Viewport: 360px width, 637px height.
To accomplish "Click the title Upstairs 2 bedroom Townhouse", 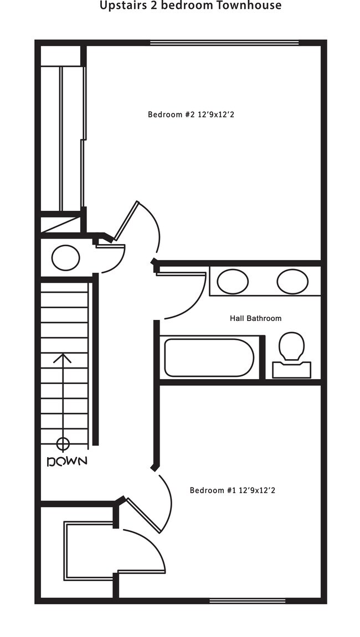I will pyautogui.click(x=191, y=6).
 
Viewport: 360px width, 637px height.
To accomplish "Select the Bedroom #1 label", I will pyautogui.click(x=233, y=490).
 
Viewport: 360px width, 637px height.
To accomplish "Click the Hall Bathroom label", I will pyautogui.click(x=255, y=318).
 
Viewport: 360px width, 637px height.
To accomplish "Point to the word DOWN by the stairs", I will pyautogui.click(x=66, y=461).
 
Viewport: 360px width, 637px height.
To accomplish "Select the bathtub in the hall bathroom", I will pyautogui.click(x=209, y=358).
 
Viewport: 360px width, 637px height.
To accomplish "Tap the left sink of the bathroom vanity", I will pyautogui.click(x=233, y=281).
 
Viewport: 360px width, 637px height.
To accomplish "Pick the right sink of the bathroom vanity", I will pyautogui.click(x=292, y=281).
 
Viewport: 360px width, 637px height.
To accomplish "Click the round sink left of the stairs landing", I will pyautogui.click(x=66, y=257).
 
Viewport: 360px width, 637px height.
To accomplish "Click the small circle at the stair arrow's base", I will pyautogui.click(x=63, y=443).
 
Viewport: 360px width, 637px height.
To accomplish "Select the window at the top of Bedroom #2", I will pyautogui.click(x=224, y=43).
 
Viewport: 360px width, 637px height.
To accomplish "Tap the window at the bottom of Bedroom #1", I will pyautogui.click(x=248, y=600).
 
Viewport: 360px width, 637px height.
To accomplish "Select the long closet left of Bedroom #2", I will pyautogui.click(x=71, y=138).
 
